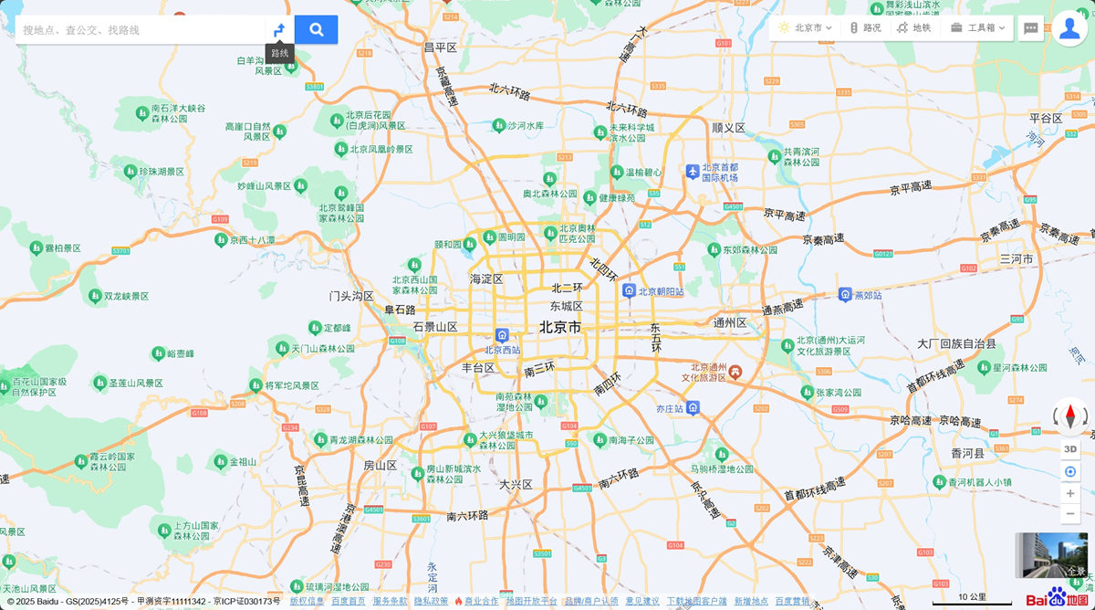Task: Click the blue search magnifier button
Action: (x=316, y=29)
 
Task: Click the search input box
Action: (x=137, y=30)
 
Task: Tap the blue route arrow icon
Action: (x=279, y=30)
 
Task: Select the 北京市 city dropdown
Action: (x=806, y=28)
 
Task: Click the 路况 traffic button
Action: (x=865, y=28)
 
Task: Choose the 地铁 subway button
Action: (x=914, y=28)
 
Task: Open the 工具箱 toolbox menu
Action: (x=977, y=28)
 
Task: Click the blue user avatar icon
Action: (x=1069, y=28)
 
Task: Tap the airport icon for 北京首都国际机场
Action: (x=693, y=171)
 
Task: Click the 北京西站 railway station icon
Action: (x=502, y=335)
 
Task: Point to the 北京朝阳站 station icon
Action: (x=629, y=290)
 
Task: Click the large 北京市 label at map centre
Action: (x=559, y=327)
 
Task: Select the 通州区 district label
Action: (x=730, y=322)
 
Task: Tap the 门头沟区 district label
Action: (x=351, y=296)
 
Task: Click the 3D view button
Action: (x=1070, y=448)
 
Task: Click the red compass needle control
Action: (x=1070, y=417)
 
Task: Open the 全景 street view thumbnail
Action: (x=1051, y=555)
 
